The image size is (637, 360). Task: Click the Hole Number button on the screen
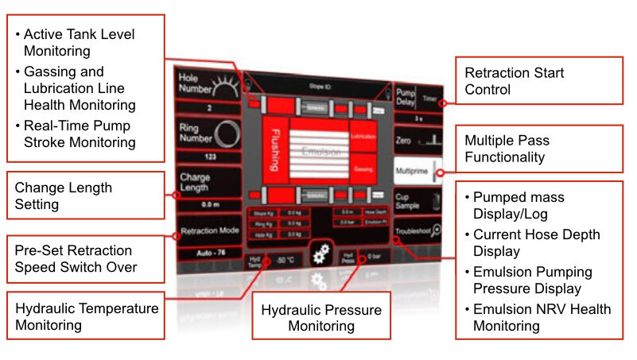(x=204, y=84)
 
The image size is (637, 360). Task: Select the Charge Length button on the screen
(x=204, y=181)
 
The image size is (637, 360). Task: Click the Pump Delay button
(x=418, y=99)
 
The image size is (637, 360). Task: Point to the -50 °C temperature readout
(x=286, y=260)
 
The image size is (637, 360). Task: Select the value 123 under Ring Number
(x=208, y=157)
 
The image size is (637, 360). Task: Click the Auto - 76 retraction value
(x=208, y=252)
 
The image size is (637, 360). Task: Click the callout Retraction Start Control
(x=538, y=82)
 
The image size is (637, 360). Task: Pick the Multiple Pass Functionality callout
(x=538, y=149)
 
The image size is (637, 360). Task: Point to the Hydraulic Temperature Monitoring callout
(x=86, y=316)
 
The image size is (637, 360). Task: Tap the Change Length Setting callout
(x=86, y=196)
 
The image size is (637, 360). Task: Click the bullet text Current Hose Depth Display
(x=537, y=243)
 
